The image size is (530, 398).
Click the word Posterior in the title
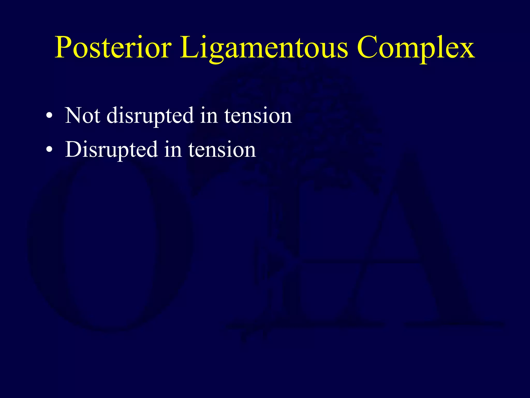(x=113, y=47)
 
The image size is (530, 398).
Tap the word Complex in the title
(x=416, y=47)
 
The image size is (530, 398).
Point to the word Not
(x=82, y=115)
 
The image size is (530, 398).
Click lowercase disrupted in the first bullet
(x=150, y=116)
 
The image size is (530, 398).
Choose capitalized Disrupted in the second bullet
(x=112, y=150)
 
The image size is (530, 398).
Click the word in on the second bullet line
(x=173, y=150)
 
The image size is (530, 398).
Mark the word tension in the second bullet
(x=222, y=150)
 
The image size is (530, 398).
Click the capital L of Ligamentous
(x=188, y=47)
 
